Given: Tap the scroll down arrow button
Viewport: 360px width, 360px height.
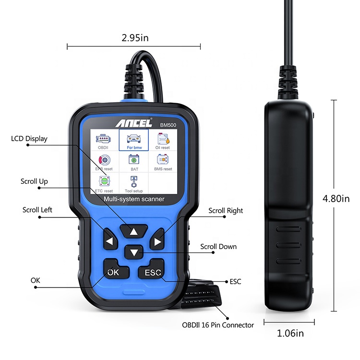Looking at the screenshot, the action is [x=134, y=252].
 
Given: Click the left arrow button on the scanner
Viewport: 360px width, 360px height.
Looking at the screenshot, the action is [x=110, y=239].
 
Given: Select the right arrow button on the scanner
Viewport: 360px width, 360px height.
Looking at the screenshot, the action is [x=157, y=239].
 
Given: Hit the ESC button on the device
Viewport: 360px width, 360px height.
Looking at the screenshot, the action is [x=152, y=269].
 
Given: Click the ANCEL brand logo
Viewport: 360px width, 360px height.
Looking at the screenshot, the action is [x=133, y=123].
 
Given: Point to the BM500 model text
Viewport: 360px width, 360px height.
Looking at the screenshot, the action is [x=168, y=125].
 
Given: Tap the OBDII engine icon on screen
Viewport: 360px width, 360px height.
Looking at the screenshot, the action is [x=103, y=139].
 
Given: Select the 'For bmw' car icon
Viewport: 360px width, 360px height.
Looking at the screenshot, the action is [x=134, y=139].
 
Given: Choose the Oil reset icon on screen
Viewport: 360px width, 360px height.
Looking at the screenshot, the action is [x=163, y=139].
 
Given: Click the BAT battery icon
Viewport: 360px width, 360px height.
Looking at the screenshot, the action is [x=134, y=159].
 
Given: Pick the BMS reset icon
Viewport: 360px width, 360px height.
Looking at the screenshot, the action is [x=163, y=159].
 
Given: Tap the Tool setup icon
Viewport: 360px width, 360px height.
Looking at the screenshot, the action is [x=133, y=181].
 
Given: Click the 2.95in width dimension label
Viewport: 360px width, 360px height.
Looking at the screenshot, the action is [x=135, y=38].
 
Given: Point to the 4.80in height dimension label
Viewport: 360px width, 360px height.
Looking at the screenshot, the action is [x=336, y=199].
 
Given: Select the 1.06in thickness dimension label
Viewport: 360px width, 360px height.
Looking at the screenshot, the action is [x=290, y=334].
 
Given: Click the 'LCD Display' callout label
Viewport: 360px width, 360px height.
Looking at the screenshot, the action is [x=29, y=139].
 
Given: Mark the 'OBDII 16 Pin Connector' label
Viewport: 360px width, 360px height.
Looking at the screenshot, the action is [x=218, y=325].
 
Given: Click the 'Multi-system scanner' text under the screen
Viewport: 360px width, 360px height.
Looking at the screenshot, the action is [x=134, y=199].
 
